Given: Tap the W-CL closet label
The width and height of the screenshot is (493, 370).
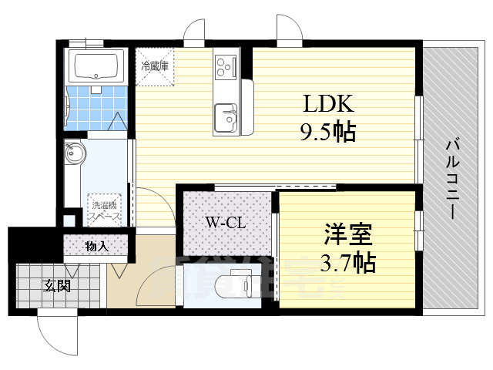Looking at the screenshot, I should click(225, 224).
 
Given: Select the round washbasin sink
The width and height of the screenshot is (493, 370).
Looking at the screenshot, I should click(75, 155).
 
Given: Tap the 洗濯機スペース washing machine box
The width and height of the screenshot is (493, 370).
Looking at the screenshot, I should click(106, 208).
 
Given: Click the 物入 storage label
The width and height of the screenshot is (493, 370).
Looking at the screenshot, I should click(97, 247).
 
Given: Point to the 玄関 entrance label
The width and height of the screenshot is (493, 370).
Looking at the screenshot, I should click(55, 287).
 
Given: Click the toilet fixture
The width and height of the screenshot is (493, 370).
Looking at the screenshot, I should click(234, 285).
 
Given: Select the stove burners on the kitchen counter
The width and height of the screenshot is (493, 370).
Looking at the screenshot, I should click(226, 66).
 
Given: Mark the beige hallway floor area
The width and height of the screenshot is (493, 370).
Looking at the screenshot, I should click(146, 277).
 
